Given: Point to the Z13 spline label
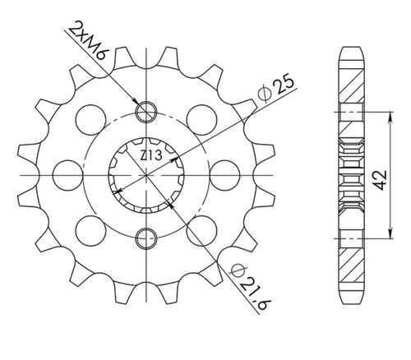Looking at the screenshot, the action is point(151,155).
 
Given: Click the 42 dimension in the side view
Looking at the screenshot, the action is point(381,180).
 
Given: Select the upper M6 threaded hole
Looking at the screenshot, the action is point(146,112).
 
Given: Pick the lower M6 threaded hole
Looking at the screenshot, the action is point(146,238).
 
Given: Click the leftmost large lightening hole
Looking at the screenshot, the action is point(67,175).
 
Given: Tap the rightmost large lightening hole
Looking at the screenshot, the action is point(225,175).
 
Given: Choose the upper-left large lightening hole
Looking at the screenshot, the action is point(91,120).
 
